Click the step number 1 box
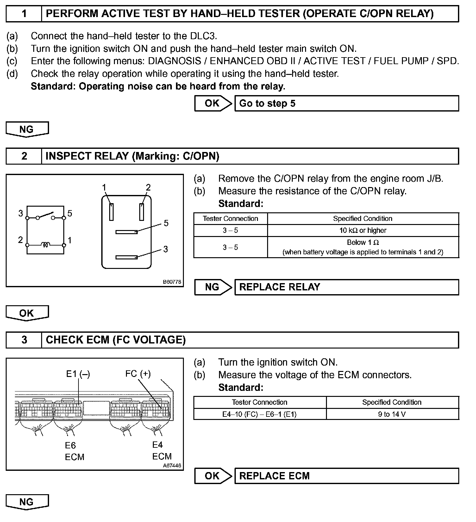point(24,14)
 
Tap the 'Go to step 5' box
point(346,103)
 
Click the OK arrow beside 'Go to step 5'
point(213,103)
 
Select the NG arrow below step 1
point(27,129)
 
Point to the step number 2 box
point(24,156)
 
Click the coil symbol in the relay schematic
point(46,245)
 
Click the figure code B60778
point(172,282)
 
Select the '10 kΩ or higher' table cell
point(363,230)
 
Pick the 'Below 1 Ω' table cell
point(363,247)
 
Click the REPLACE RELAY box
point(346,287)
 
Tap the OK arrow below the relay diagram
point(27,313)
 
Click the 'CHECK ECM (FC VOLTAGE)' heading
point(116,340)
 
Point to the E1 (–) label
point(78,374)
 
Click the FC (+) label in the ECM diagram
point(138,374)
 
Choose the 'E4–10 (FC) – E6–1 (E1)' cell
point(260,414)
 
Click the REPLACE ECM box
point(346,476)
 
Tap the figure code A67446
point(172,465)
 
